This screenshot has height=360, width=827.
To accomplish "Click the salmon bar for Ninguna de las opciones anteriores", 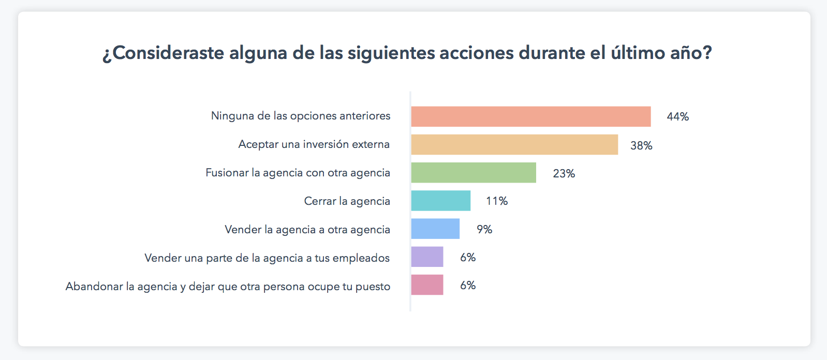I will (530, 116).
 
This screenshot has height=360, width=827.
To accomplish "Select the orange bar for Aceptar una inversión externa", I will (514, 145).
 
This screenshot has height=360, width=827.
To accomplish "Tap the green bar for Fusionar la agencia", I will (474, 173).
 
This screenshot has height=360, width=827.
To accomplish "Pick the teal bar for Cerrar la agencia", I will (440, 201).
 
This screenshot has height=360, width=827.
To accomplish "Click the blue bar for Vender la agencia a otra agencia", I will (435, 229).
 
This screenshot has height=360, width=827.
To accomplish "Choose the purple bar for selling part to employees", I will (427, 257).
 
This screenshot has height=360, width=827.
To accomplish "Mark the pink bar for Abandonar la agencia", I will (427, 285).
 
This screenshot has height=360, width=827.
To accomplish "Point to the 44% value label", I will (677, 117).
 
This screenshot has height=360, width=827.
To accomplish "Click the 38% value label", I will (641, 146).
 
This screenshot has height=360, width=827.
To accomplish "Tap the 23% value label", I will (564, 174).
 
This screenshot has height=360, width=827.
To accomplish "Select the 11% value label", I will (497, 201).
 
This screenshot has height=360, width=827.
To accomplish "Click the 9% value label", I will (484, 230).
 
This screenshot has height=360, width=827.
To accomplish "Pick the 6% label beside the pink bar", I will (468, 286).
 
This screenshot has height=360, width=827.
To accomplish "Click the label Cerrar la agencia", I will (347, 201).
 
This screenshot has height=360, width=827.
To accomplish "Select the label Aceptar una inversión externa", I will (314, 144).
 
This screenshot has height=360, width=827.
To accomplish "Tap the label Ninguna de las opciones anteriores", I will (301, 116).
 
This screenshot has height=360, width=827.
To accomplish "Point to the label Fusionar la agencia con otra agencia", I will (298, 173).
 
